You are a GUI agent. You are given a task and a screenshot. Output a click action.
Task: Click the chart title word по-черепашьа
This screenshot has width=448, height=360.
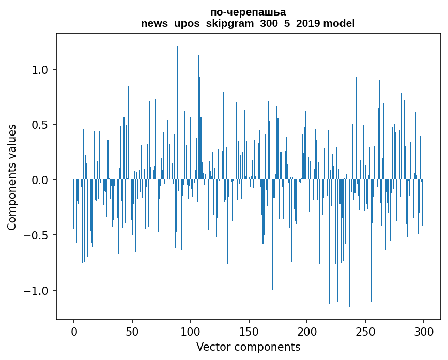click(x=248, y=12)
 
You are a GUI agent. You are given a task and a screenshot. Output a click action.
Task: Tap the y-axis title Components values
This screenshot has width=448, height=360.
click(x=12, y=177)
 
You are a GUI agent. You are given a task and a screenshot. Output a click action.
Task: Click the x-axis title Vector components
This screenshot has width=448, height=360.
click(x=248, y=347)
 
